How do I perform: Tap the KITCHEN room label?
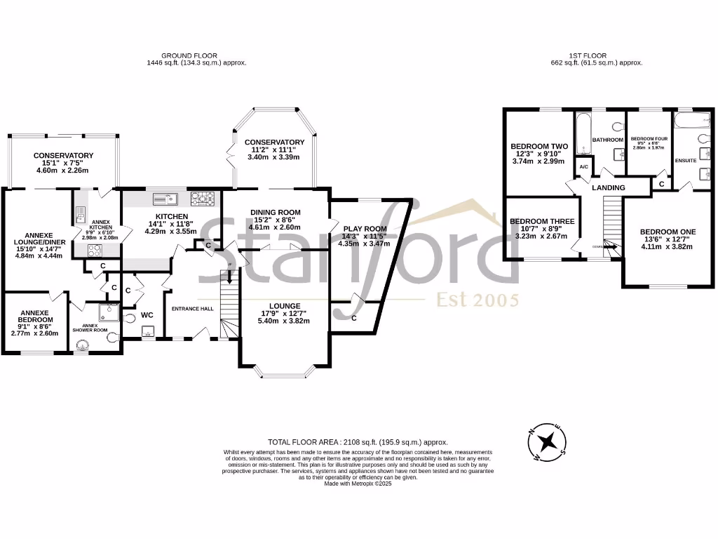(171, 215)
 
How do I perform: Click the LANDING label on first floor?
(607, 189)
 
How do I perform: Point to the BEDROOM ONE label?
(668, 232)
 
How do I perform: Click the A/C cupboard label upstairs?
(583, 166)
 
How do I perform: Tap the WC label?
(147, 315)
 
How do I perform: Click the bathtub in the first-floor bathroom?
(583, 135)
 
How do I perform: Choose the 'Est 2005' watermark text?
(477, 300)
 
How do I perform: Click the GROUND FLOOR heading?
(189, 55)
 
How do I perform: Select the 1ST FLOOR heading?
(588, 55)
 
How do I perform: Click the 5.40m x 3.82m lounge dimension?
(284, 321)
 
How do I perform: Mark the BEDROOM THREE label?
(542, 221)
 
